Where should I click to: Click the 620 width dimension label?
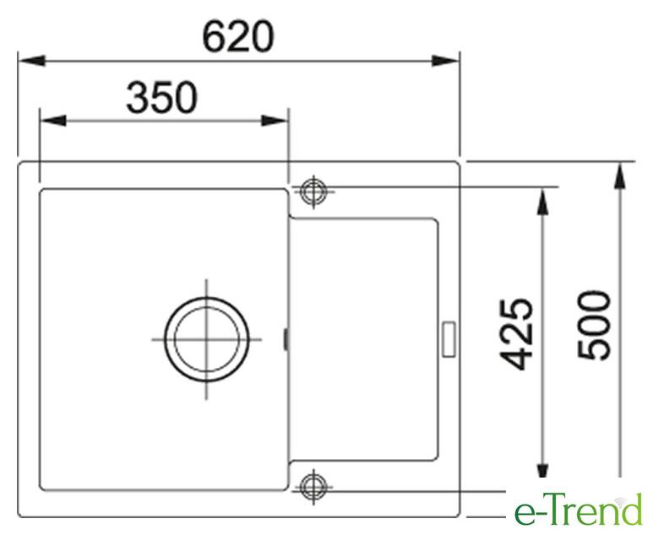point(237,37)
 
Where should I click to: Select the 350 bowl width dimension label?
point(161,98)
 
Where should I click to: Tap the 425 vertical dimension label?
point(516,334)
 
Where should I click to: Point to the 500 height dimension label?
point(594,326)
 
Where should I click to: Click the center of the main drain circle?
point(207,339)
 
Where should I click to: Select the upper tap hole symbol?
point(313,192)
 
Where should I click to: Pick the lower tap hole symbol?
point(313,486)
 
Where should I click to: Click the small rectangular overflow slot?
point(449,339)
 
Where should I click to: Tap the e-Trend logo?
point(579,510)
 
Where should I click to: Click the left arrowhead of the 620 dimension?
point(31,61)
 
